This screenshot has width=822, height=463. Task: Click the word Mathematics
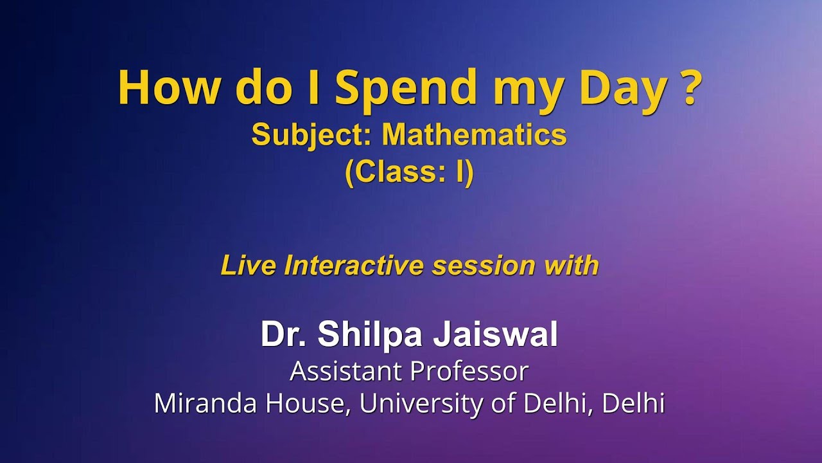pyautogui.click(x=475, y=135)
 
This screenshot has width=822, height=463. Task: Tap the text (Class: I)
pyautogui.click(x=409, y=172)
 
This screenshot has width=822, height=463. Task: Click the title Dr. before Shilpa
pyautogui.click(x=283, y=334)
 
